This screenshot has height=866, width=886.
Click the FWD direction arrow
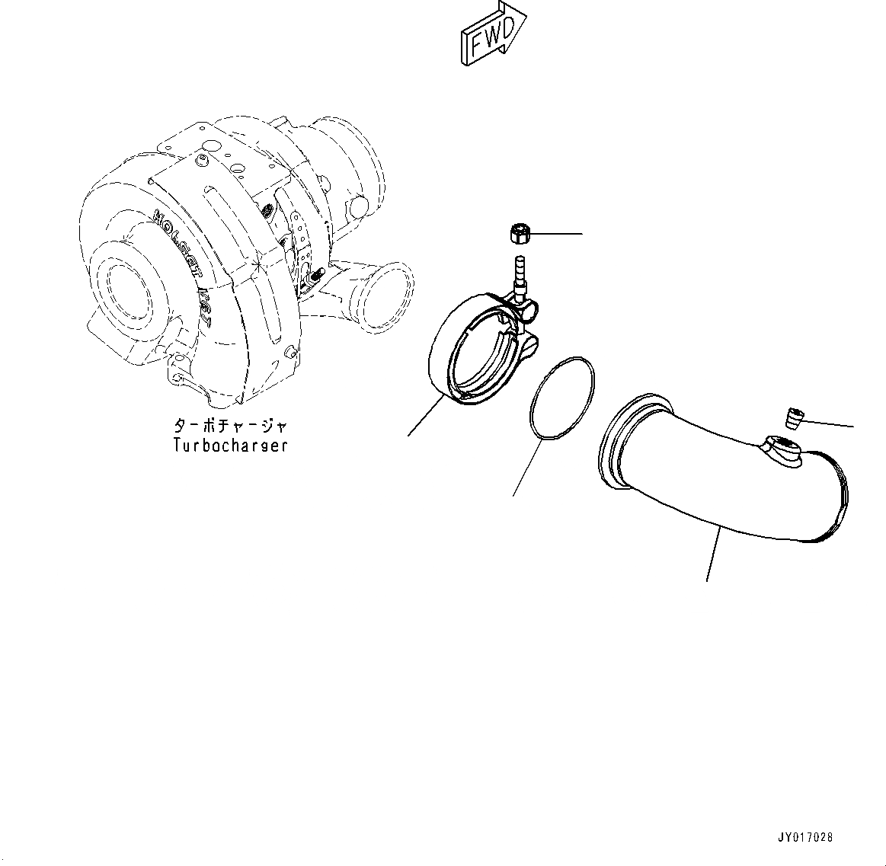coord(491,35)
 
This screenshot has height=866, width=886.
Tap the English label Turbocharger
coord(230,446)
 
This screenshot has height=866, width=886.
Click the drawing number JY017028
coord(804,837)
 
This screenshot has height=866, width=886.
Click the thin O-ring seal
coord(562,397)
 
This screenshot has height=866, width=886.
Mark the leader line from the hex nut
coord(556,234)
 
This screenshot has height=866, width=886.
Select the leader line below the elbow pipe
coord(714,555)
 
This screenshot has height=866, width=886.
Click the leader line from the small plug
coord(830,423)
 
